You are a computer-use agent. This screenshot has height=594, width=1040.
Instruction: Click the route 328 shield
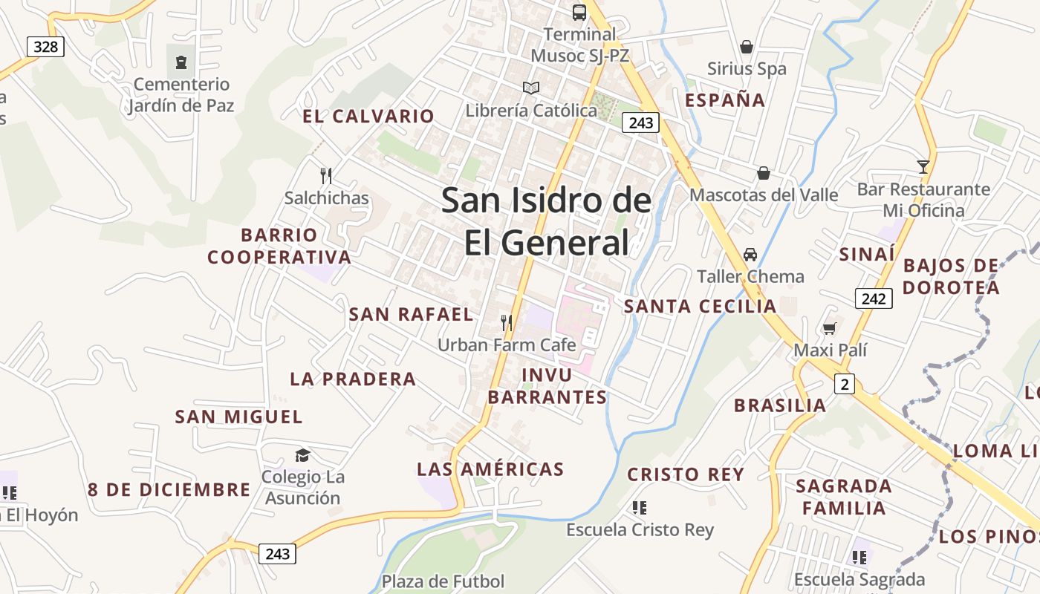click(45, 47)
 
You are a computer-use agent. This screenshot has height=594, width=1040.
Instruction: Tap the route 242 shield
click(874, 298)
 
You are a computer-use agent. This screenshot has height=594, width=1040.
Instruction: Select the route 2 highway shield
click(844, 384)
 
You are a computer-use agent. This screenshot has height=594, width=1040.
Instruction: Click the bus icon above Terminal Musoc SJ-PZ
click(579, 12)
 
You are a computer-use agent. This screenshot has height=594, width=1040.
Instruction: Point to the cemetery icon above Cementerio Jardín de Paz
click(181, 62)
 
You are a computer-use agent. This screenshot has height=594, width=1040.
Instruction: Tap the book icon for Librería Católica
click(530, 88)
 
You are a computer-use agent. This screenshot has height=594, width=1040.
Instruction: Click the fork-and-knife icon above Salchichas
click(325, 175)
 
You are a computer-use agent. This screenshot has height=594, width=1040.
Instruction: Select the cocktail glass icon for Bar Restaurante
click(923, 167)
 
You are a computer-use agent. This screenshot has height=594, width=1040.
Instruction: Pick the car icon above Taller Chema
click(750, 255)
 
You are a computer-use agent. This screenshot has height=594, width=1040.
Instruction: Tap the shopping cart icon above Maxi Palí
click(829, 328)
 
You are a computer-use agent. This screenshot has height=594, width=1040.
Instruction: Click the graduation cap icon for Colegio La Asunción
click(302, 455)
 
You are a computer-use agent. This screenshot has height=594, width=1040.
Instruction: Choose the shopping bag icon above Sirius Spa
click(747, 47)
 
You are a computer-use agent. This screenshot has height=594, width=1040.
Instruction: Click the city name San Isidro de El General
click(547, 221)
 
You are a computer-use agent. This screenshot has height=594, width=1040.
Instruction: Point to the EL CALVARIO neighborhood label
click(368, 116)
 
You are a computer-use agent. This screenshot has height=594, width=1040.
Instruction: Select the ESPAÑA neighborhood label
click(725, 100)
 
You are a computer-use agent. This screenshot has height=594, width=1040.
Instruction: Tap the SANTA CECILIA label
click(700, 306)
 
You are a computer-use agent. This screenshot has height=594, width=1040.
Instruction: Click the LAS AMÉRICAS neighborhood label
click(490, 469)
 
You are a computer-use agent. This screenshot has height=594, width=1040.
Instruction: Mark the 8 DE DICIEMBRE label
click(169, 490)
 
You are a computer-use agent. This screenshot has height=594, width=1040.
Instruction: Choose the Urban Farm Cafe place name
click(507, 345)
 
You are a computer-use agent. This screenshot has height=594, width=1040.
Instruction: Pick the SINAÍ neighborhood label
click(867, 255)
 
